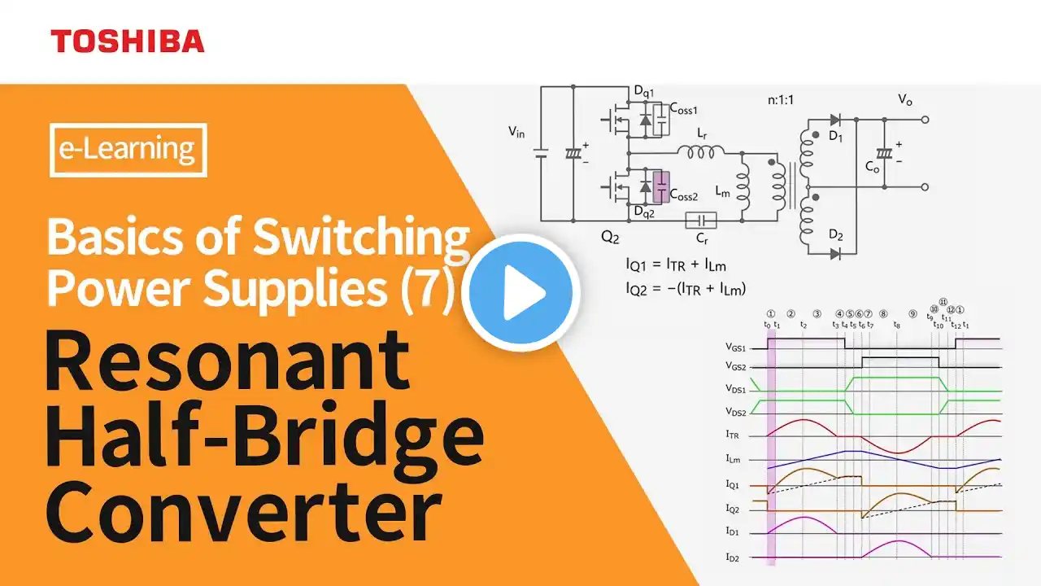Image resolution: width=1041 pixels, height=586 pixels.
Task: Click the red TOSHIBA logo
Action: [x=128, y=41]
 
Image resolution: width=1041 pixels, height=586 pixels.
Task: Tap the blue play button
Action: [x=521, y=293]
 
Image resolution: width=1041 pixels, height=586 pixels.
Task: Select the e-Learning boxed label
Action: [x=128, y=150]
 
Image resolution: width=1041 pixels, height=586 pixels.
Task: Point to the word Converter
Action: [x=243, y=510]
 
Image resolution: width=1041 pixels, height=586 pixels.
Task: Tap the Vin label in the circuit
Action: [x=516, y=133]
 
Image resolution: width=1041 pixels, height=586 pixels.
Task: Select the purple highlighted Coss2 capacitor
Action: [x=661, y=187]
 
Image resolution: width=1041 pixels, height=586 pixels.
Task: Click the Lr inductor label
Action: [x=702, y=134]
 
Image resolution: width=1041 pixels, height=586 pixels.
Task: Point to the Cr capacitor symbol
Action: [x=701, y=221]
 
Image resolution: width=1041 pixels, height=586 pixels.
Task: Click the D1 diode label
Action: [x=835, y=136]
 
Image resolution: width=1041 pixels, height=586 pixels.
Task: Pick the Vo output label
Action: [x=905, y=99]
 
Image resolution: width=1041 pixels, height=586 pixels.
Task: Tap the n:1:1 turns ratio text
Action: [x=781, y=100]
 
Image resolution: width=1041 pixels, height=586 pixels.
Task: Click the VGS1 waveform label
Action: [x=736, y=348]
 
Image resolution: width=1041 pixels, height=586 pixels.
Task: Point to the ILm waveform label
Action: [x=734, y=460]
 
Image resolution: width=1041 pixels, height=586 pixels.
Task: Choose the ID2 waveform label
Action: [x=733, y=558]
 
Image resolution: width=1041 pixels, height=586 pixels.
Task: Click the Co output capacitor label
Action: [x=872, y=167]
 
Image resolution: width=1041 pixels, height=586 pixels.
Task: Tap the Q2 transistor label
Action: [x=610, y=237]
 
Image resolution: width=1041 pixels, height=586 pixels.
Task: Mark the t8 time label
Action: [x=897, y=325]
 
